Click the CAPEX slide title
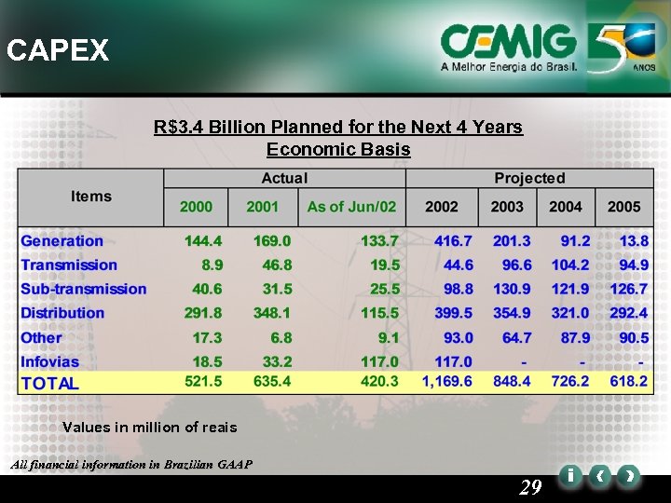click(x=58, y=50)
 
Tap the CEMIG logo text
click(x=509, y=42)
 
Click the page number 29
click(x=530, y=486)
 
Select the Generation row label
click(x=62, y=241)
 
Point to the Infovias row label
click(x=50, y=361)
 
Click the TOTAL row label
click(x=50, y=383)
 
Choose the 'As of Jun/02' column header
click(x=351, y=207)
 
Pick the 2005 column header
click(x=623, y=207)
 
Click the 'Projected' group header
click(x=529, y=178)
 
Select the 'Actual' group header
click(x=284, y=178)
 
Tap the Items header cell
click(x=91, y=197)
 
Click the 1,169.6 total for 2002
click(x=446, y=382)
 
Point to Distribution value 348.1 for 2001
click(x=272, y=313)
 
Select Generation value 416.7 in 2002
click(x=454, y=241)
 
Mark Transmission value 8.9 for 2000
click(x=212, y=265)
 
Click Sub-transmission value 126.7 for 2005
click(x=629, y=289)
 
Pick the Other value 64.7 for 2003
click(x=516, y=337)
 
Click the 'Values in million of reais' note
click(x=149, y=428)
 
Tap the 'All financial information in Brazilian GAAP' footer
click(x=129, y=464)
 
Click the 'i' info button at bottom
click(x=568, y=476)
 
